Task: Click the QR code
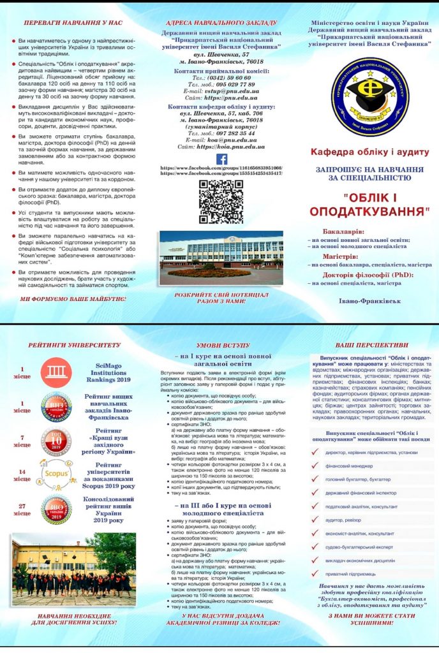point(221,202)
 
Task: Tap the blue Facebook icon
point(221,159)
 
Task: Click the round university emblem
point(365,95)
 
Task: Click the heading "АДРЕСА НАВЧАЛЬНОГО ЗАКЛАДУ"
point(221,23)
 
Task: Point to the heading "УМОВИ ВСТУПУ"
point(221,345)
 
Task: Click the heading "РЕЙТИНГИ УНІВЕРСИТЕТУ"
point(74,345)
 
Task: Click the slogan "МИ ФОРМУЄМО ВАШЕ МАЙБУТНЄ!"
point(73,298)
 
